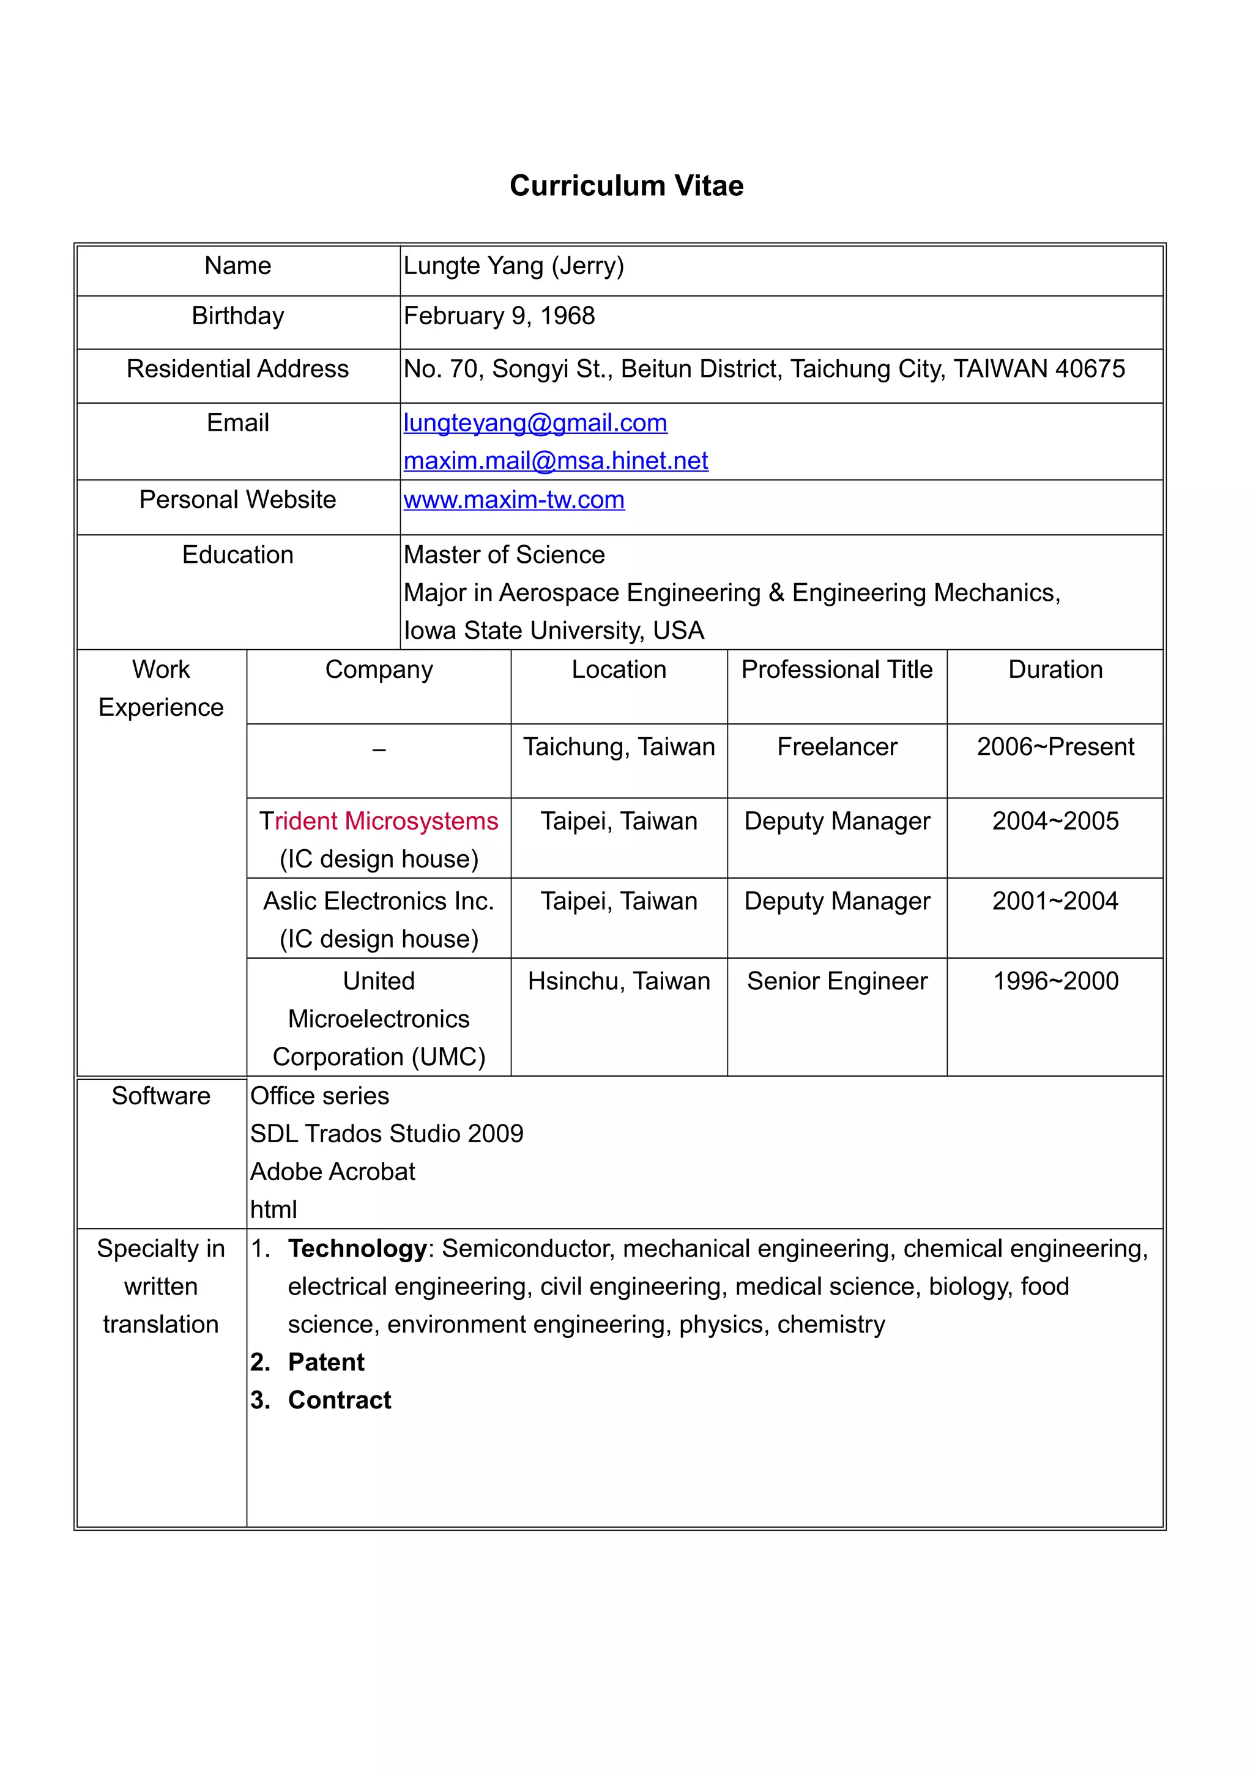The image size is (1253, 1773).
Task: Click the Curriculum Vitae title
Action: pos(626,186)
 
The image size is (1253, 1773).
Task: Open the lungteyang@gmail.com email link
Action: pos(535,423)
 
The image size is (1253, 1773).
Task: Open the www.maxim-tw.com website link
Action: pos(513,500)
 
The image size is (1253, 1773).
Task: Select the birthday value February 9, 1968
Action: pos(499,316)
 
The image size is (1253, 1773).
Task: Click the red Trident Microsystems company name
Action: pos(378,821)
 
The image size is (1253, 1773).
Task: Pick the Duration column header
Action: pos(1055,669)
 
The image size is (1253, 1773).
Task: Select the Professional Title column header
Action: pos(836,669)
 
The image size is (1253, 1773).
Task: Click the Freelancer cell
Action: pos(836,747)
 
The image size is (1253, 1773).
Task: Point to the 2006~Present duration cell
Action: pos(1055,747)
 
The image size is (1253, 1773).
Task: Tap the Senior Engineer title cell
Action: pos(836,981)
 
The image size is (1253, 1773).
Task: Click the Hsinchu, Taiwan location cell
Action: pos(619,981)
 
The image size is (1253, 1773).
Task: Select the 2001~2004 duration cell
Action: pos(1055,901)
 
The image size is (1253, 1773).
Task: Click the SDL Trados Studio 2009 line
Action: pos(386,1134)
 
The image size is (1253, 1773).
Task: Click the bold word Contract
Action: pos(339,1400)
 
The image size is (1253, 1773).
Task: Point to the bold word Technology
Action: pos(357,1249)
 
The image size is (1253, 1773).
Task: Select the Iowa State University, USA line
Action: pos(554,631)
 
